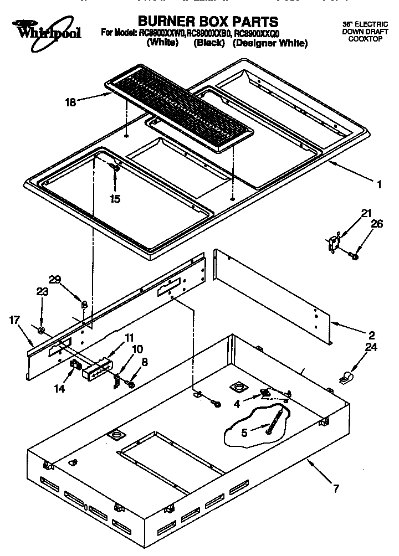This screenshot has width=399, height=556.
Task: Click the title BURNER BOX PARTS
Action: (x=208, y=22)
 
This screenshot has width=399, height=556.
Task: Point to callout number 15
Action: (x=115, y=199)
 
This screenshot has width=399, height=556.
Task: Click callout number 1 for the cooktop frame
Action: (x=379, y=186)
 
